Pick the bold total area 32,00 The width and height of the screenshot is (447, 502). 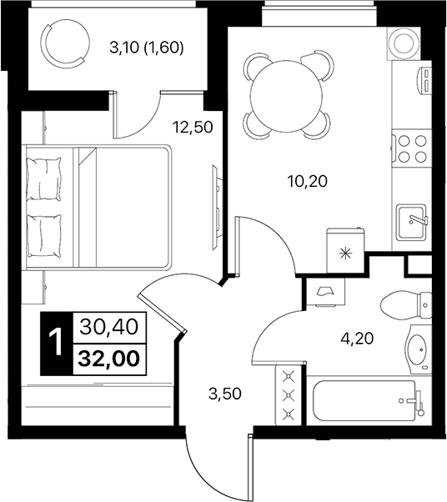(109, 358)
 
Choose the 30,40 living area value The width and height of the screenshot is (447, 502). (109, 326)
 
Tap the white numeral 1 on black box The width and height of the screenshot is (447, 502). (56, 343)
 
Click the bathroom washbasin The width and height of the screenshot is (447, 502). (416, 349)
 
